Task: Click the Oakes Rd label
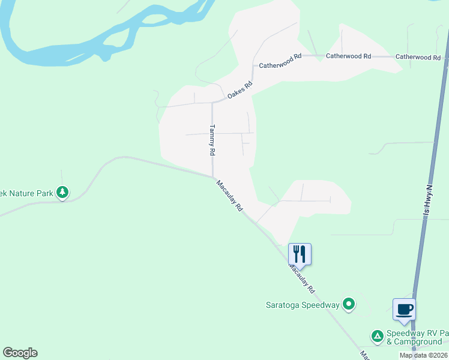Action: pyautogui.click(x=240, y=89)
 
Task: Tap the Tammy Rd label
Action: pyautogui.click(x=212, y=140)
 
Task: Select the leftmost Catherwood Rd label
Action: pyautogui.click(x=280, y=61)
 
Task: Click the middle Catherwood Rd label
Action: pyautogui.click(x=348, y=56)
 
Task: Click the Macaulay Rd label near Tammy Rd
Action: pyautogui.click(x=229, y=196)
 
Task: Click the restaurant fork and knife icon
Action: pyautogui.click(x=299, y=253)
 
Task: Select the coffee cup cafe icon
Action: pyautogui.click(x=404, y=309)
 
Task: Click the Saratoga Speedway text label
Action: pyautogui.click(x=303, y=305)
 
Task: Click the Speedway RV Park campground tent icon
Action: pyautogui.click(x=378, y=336)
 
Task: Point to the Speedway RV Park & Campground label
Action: pyautogui.click(x=417, y=337)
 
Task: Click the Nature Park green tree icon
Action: pyautogui.click(x=62, y=193)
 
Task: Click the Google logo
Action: pyautogui.click(x=20, y=353)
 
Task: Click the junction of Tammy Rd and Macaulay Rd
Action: pyautogui.click(x=213, y=176)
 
